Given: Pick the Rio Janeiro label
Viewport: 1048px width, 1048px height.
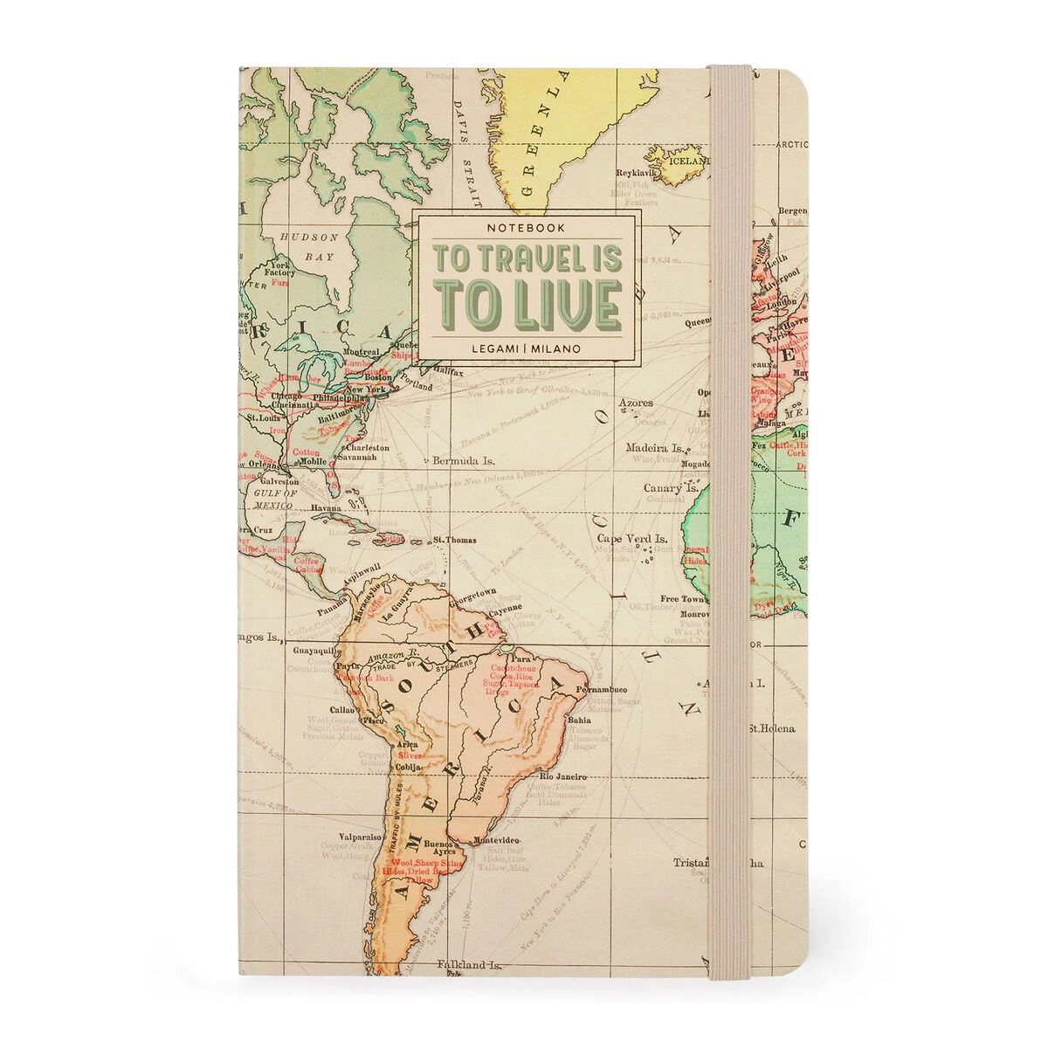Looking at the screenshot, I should [562, 776].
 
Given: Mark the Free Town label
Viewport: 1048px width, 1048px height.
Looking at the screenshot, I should [682, 599].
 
